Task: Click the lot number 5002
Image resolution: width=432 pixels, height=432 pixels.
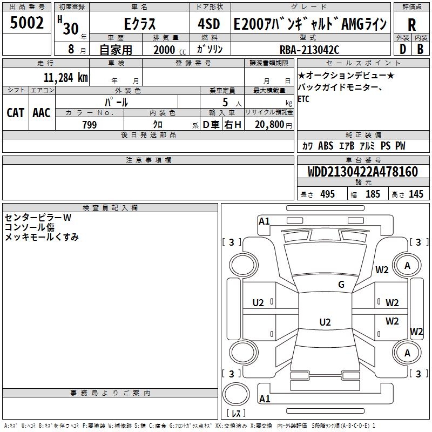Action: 26,23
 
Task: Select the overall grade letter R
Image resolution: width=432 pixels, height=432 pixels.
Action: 411,25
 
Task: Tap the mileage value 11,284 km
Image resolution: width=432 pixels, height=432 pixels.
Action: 66,78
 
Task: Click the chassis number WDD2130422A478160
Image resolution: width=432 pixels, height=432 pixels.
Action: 363,172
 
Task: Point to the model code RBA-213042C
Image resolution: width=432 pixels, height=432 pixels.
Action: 309,50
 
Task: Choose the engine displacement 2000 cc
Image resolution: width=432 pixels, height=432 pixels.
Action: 170,50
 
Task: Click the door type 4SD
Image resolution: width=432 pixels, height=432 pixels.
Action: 209,24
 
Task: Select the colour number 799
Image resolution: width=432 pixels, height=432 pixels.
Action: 90,125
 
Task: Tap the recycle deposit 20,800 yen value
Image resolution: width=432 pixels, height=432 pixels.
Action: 273,125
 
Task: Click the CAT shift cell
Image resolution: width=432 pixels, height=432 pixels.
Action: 16,113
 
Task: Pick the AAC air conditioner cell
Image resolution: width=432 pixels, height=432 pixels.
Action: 42,113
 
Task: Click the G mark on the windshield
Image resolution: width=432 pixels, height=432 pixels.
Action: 341,284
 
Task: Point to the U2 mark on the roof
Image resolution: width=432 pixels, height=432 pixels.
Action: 325,322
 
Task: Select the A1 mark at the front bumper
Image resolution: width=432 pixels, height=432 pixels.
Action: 264,221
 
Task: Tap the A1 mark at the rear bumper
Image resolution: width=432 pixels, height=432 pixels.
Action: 265,399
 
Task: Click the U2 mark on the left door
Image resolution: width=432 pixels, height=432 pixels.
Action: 258,303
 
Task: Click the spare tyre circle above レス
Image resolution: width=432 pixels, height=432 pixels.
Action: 236,394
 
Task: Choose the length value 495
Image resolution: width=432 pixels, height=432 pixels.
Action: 328,194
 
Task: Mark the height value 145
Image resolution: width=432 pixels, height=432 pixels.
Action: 416,194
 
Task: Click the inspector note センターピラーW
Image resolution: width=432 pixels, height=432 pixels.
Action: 38,218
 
